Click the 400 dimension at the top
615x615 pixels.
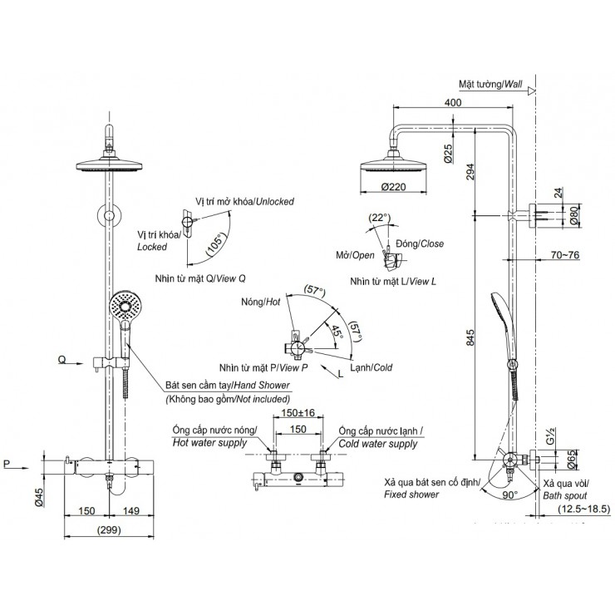[453, 102]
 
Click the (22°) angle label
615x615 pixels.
[378, 218]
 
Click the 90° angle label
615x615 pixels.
[509, 493]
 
